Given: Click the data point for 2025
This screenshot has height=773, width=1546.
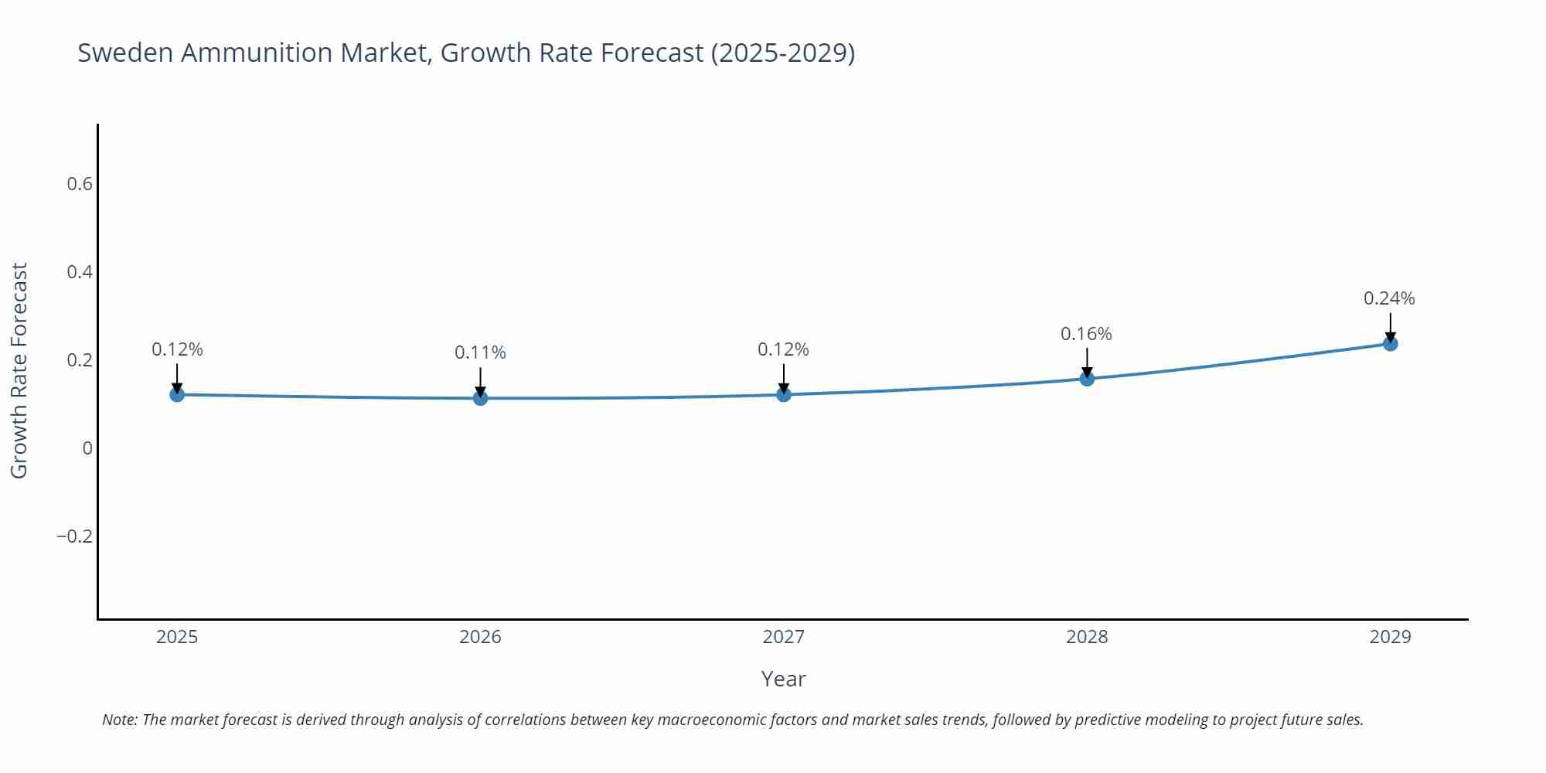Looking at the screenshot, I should tap(177, 395).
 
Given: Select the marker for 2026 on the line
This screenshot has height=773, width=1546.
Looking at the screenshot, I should tap(480, 398).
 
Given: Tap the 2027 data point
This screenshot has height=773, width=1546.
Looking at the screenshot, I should tap(783, 395).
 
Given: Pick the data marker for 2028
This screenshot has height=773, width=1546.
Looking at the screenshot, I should tap(1087, 379).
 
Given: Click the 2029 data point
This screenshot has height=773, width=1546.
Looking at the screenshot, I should tap(1390, 343).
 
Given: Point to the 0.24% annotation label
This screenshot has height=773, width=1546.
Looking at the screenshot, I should tap(1389, 298).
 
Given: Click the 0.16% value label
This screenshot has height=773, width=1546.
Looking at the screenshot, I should tap(1086, 334).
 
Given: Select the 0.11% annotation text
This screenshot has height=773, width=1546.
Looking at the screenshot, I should tap(480, 352).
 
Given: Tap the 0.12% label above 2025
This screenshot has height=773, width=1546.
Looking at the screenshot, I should tap(177, 349).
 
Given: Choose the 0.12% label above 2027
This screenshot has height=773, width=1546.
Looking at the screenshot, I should tap(783, 349).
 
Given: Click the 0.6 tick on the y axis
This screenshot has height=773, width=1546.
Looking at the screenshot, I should tap(80, 184).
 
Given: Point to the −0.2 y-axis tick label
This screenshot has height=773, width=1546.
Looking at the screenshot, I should tap(74, 536).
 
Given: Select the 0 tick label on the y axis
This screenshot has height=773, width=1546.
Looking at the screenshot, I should tap(87, 448).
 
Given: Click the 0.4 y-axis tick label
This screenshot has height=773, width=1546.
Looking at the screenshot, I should tap(80, 272).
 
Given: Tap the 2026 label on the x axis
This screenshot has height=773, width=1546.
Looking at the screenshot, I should tap(480, 637).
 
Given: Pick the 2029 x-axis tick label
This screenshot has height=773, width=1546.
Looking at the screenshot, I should tap(1390, 637).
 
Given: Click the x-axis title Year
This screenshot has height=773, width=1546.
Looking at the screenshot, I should tap(783, 679).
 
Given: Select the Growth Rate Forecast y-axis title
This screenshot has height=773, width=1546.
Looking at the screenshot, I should tap(19, 370).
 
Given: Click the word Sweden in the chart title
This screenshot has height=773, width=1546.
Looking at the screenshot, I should tap(125, 53).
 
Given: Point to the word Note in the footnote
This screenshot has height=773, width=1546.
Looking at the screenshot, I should tap(119, 720).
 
